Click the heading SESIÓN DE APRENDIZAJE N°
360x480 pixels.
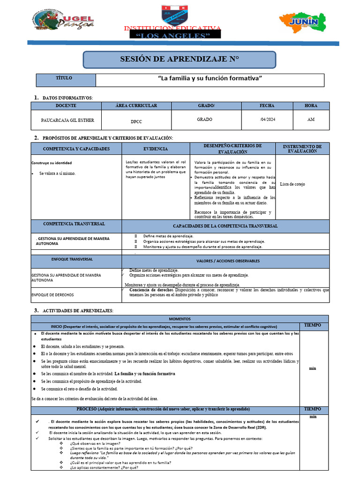[180, 59]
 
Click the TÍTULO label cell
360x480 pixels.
[64, 78]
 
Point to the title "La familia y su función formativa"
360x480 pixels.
[210, 78]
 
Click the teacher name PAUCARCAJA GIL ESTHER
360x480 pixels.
[67, 120]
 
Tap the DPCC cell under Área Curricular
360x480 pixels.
[136, 121]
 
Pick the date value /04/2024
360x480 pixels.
[267, 120]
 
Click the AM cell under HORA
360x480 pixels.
[311, 120]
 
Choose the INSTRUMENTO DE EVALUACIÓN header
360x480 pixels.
[302, 149]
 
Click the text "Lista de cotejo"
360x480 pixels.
[292, 184]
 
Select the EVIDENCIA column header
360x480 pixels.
[155, 149]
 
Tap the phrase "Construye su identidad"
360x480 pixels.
[52, 163]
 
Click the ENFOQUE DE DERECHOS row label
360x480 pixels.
[52, 295]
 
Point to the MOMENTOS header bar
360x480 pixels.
[180, 319]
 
